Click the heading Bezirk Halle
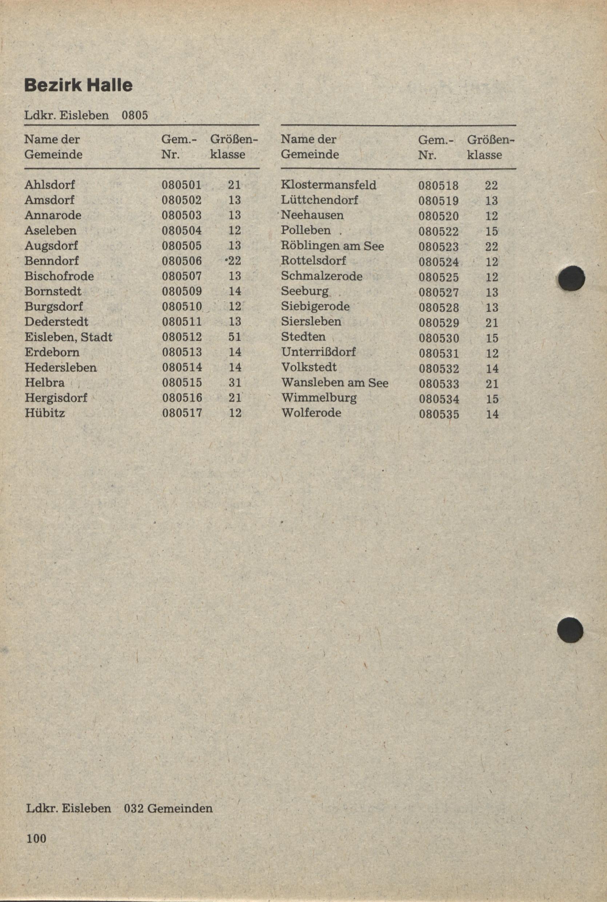tap(78, 85)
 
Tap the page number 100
tap(36, 838)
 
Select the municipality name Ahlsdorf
tap(49, 185)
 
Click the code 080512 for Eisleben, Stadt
tap(181, 337)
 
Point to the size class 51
tap(235, 337)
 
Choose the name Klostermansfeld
tap(328, 185)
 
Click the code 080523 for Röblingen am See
tap(438, 247)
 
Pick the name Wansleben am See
tap(335, 383)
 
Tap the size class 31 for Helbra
tap(235, 383)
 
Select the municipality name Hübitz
tap(44, 413)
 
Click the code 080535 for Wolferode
tap(439, 415)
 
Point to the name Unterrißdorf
tap(318, 352)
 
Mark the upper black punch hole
tap(572, 278)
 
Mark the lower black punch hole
tap(570, 630)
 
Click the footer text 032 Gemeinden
tap(168, 808)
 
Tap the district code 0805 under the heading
tap(135, 115)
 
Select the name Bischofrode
tap(59, 276)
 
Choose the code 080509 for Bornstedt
tap(181, 291)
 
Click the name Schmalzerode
tap(321, 276)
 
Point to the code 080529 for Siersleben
tap(439, 323)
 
